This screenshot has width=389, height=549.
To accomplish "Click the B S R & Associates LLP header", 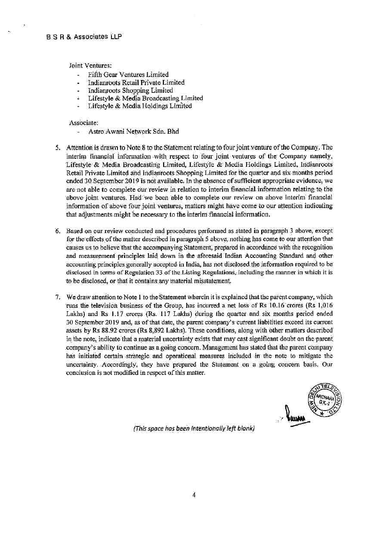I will [x=84, y=37].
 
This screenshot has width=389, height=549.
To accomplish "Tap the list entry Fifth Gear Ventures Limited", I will [x=128, y=74].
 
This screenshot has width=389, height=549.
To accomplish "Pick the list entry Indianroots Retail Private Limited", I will [x=136, y=82].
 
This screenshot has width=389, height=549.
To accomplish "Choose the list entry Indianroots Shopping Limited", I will [x=130, y=90].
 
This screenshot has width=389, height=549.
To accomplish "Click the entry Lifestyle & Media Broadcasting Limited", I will [x=145, y=98].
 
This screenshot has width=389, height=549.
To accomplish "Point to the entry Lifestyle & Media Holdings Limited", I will [x=140, y=106].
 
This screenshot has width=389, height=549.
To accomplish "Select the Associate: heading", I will [x=83, y=123].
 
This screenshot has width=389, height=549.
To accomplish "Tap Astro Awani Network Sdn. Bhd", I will [x=133, y=132].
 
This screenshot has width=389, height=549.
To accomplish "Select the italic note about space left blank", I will [x=194, y=428].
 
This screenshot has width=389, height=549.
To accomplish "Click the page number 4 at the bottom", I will [x=194, y=495].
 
